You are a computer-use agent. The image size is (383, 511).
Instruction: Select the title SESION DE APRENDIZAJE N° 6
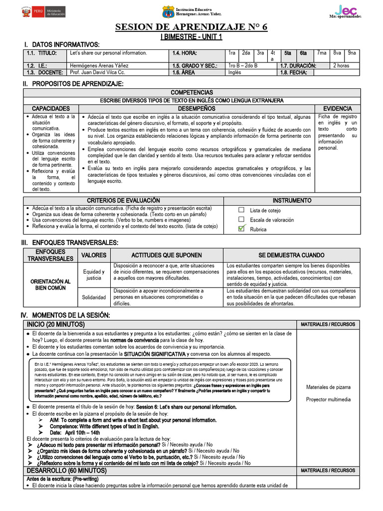(191, 27)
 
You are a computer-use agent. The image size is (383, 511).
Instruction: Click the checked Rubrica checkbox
(242, 229)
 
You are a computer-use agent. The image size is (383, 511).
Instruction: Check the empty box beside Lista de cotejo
(242, 210)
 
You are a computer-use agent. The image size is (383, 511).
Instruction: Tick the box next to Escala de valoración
(242, 220)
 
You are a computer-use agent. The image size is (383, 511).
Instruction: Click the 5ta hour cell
(288, 53)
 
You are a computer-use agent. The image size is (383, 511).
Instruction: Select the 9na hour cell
(352, 53)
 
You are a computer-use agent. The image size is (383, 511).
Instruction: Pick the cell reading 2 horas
(341, 65)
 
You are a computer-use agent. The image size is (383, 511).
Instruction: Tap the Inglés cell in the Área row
(234, 72)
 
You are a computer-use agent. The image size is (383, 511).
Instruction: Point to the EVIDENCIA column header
(338, 108)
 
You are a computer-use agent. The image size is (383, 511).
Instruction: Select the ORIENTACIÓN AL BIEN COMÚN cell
(50, 284)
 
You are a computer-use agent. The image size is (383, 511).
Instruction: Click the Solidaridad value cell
(93, 297)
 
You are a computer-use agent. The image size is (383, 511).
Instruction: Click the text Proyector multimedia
(328, 399)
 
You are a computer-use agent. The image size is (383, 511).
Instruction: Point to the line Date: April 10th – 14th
(75, 433)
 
